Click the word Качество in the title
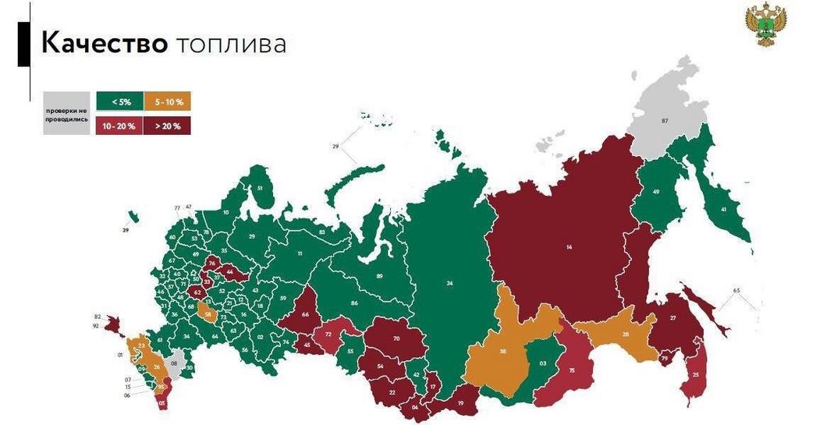[104, 44]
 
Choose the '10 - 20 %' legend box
[119, 125]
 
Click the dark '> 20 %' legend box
[168, 125]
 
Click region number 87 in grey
[665, 121]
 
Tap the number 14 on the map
[569, 247]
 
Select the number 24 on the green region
[449, 283]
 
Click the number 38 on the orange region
[503, 352]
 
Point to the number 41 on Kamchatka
[724, 209]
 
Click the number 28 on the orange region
[625, 335]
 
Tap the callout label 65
[736, 290]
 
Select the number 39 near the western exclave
[125, 231]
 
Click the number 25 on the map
[695, 375]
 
